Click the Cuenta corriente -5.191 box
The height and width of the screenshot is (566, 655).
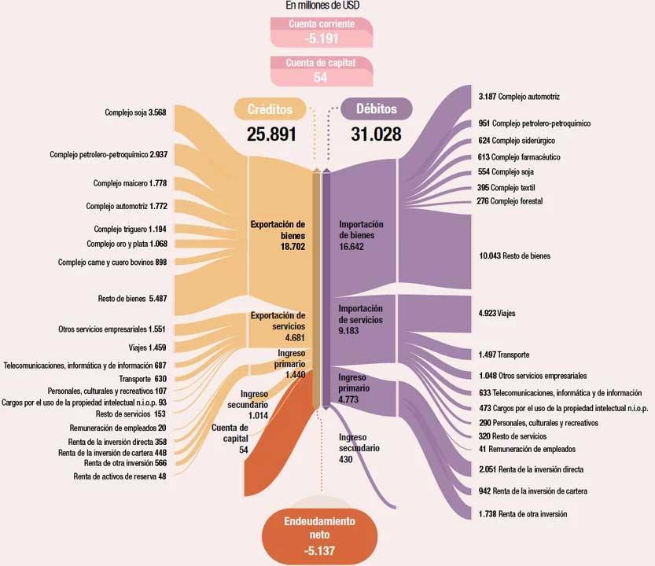(322, 32)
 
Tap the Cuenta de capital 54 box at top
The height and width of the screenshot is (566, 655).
(322, 71)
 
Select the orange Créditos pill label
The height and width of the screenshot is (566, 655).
(270, 109)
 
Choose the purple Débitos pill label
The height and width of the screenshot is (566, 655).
(377, 108)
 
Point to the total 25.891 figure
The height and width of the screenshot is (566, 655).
(271, 134)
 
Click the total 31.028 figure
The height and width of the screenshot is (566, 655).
(376, 134)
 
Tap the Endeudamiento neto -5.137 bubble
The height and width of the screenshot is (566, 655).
(319, 536)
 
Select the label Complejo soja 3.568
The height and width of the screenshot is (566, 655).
(135, 112)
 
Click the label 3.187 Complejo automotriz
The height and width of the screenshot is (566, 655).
(519, 97)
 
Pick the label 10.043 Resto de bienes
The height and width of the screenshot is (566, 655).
(514, 255)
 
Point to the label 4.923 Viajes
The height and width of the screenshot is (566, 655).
(497, 314)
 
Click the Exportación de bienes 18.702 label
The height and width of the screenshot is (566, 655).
(278, 235)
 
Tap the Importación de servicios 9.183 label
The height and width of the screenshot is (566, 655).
(360, 319)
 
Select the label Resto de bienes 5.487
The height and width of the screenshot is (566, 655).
(132, 298)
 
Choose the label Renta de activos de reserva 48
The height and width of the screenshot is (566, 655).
(120, 476)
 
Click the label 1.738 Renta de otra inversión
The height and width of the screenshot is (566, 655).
(523, 514)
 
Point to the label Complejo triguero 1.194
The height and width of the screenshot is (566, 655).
(130, 229)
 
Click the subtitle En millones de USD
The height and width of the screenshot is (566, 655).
(322, 6)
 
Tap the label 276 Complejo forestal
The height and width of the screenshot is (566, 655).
(510, 201)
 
